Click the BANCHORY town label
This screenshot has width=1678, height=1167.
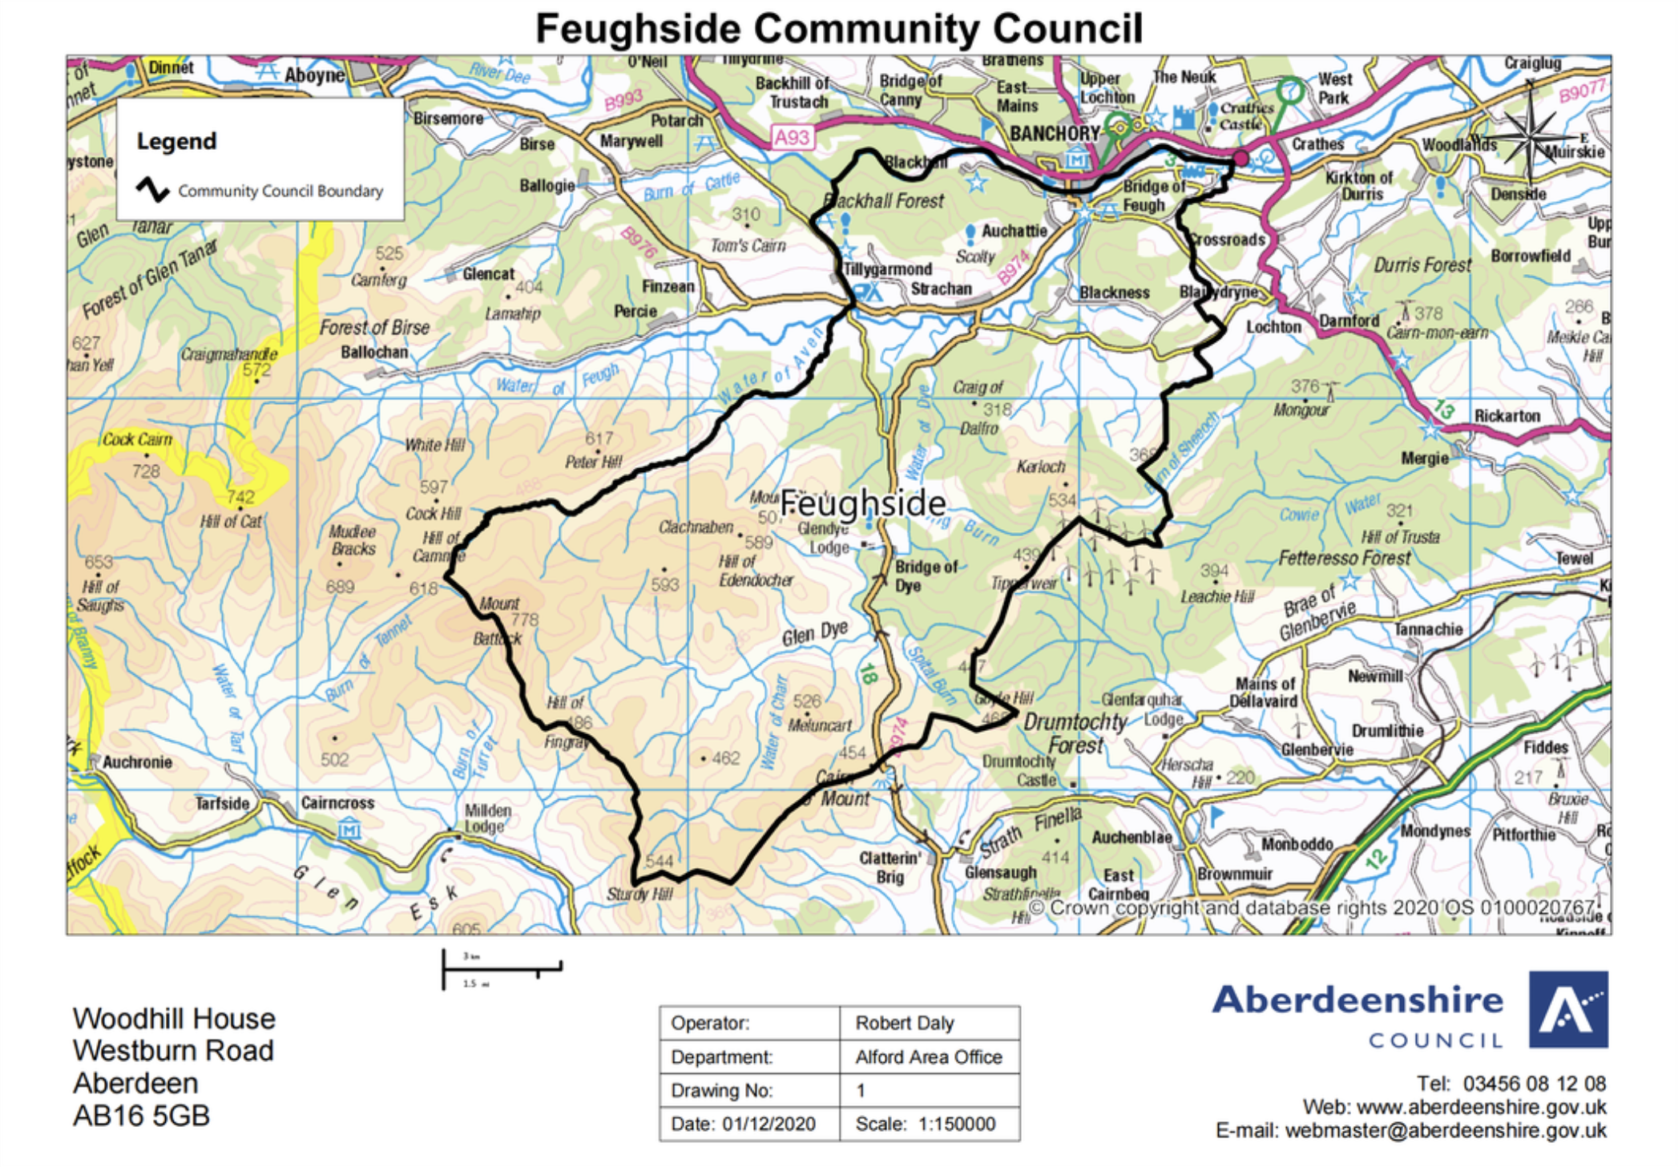pos(1054,133)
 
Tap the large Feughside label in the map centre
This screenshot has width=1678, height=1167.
pos(862,503)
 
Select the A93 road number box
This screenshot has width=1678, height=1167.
pos(792,137)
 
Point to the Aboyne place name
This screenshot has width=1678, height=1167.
pos(314,75)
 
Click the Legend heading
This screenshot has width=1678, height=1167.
pos(176,141)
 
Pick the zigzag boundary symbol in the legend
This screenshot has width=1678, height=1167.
pos(152,190)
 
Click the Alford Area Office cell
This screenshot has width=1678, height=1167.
pos(929,1057)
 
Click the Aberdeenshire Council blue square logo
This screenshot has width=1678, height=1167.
pos(1567,1010)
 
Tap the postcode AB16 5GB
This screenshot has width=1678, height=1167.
pos(141,1116)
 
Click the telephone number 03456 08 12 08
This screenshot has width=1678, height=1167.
pos(1534,1084)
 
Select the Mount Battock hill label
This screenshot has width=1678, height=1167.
pos(498,620)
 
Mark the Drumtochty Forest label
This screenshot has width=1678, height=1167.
pos(1075,733)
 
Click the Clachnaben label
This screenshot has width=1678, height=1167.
pos(696,527)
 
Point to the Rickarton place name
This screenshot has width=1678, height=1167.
pos(1507,416)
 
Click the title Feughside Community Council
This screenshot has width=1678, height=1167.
pos(838,29)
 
